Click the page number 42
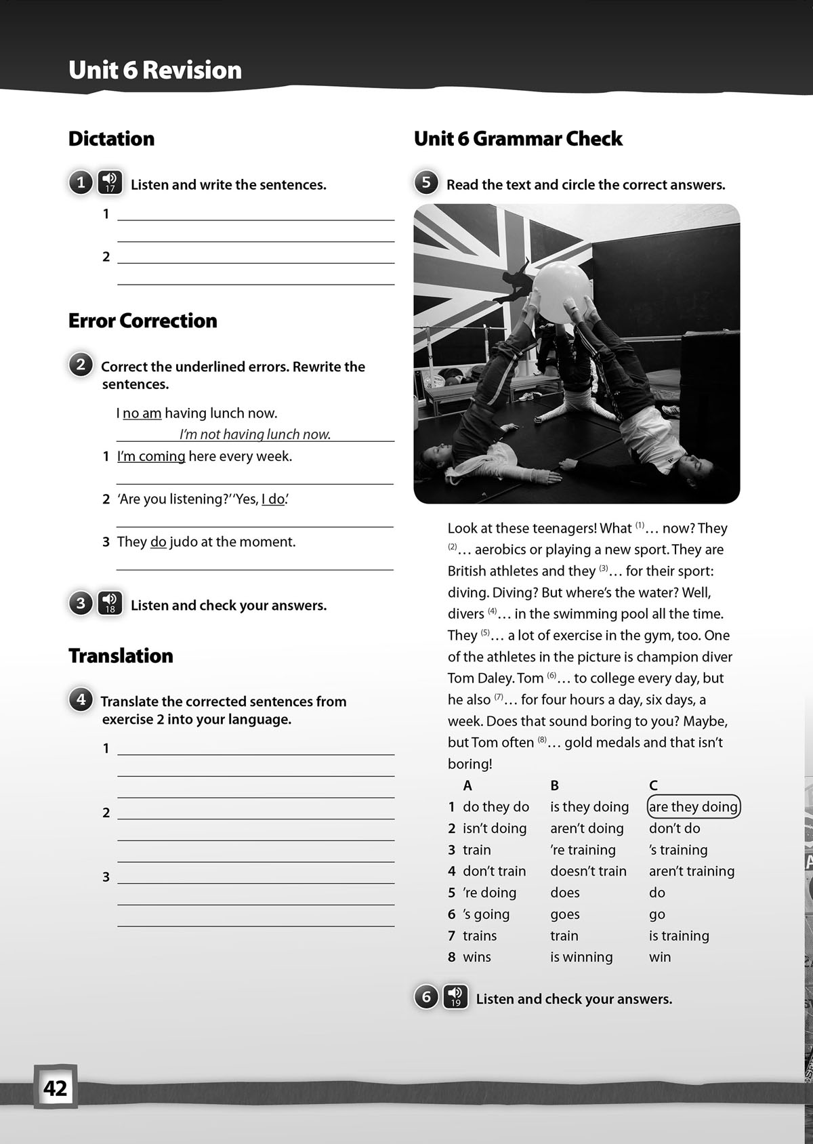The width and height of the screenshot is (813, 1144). tap(56, 1088)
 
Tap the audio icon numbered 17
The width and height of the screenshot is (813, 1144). tap(110, 183)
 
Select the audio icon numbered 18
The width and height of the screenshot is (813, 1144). tap(110, 603)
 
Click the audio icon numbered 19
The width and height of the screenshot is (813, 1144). tap(455, 997)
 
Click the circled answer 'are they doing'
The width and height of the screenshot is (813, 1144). tap(693, 806)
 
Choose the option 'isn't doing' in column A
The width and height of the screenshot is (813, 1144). tap(495, 828)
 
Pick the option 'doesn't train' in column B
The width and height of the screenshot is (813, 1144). tap(588, 871)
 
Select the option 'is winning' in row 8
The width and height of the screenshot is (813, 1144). tap(581, 957)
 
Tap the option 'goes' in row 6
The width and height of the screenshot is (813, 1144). tap(564, 914)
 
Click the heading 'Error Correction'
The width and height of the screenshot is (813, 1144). tap(143, 321)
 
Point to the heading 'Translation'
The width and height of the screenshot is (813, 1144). tap(121, 655)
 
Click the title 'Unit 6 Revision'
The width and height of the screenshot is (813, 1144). tap(155, 70)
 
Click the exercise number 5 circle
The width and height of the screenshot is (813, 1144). tap(426, 183)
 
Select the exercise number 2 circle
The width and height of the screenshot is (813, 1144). tap(81, 365)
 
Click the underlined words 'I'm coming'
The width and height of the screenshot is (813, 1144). tap(151, 456)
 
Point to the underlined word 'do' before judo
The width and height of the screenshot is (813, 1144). tap(159, 542)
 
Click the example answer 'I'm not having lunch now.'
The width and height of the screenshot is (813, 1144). tap(255, 434)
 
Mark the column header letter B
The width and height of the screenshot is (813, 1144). tap(554, 785)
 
